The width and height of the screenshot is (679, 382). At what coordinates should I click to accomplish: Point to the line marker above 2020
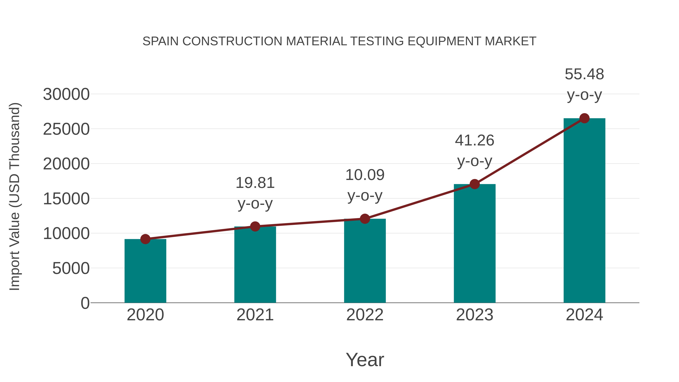[145, 239]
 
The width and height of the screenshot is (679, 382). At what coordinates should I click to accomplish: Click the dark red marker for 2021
[255, 226]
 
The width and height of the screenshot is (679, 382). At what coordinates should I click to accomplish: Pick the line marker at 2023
[475, 184]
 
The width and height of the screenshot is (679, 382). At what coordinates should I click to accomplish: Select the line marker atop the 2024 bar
[584, 118]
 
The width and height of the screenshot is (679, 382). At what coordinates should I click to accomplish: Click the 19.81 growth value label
[255, 183]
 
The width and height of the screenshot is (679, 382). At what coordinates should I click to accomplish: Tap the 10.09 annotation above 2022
[365, 175]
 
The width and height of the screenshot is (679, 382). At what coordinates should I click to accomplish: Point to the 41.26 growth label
[475, 140]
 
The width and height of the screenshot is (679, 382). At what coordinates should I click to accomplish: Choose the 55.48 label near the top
[584, 74]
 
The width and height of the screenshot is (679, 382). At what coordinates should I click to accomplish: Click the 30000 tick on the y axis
[66, 94]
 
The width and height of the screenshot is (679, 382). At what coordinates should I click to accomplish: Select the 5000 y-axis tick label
[71, 268]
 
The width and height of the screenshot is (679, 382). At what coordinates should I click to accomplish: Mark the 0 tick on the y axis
[85, 303]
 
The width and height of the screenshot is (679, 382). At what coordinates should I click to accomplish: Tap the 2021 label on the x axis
[255, 315]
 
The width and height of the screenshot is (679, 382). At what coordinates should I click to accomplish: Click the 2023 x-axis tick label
[475, 315]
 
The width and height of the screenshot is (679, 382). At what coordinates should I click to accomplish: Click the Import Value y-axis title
[15, 196]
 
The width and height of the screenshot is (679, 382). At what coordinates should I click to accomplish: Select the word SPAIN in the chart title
[161, 41]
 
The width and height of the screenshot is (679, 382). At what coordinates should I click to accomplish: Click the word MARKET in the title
[510, 41]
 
